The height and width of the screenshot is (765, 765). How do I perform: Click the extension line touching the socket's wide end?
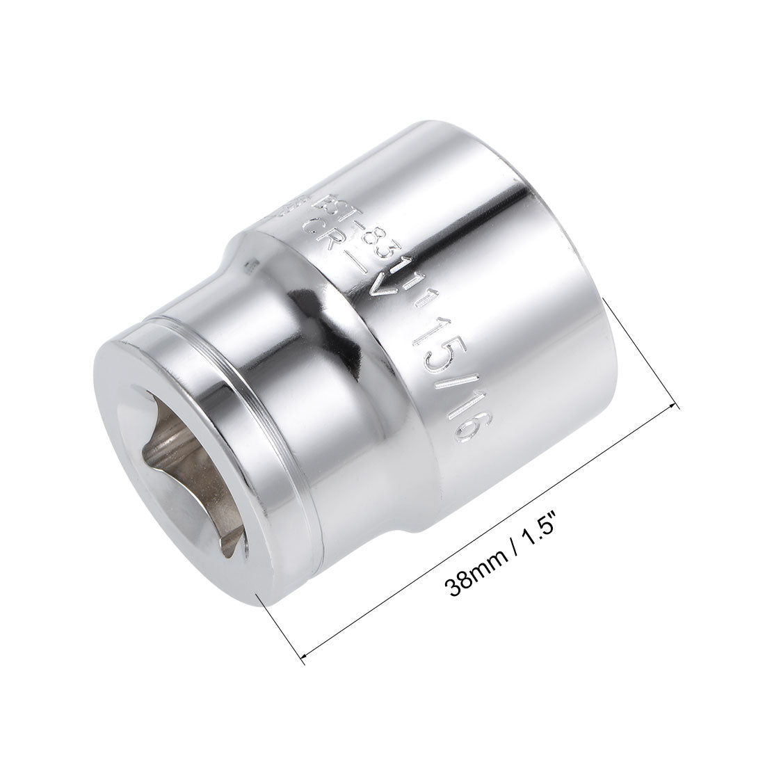pos(644,351)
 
